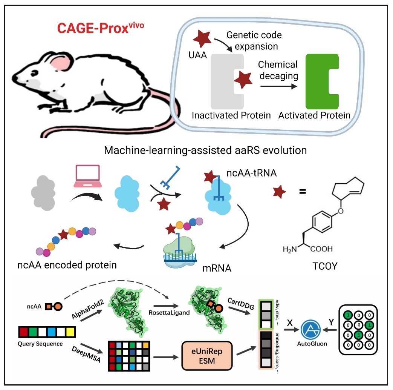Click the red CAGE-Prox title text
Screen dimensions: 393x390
click(101, 28)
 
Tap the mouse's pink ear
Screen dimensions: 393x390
click(60, 63)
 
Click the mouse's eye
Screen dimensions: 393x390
click(34, 73)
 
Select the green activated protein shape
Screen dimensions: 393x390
click(322, 81)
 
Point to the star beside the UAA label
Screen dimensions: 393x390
click(202, 38)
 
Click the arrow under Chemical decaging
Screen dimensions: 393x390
click(279, 86)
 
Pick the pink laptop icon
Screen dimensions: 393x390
click(88, 176)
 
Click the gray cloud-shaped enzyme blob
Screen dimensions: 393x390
click(43, 193)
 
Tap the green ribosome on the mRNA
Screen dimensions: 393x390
click(179, 246)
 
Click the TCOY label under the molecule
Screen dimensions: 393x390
click(325, 266)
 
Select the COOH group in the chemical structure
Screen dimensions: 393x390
click(321, 249)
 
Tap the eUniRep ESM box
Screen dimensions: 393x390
click(207, 356)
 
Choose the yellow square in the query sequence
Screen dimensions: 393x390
click(70, 332)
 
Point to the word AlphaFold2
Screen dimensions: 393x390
click(88, 310)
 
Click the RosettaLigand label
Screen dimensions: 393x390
click(169, 313)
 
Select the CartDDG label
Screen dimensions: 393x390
click(241, 303)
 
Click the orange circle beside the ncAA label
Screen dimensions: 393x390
click(58, 306)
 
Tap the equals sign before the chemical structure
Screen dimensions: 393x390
click(303, 192)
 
